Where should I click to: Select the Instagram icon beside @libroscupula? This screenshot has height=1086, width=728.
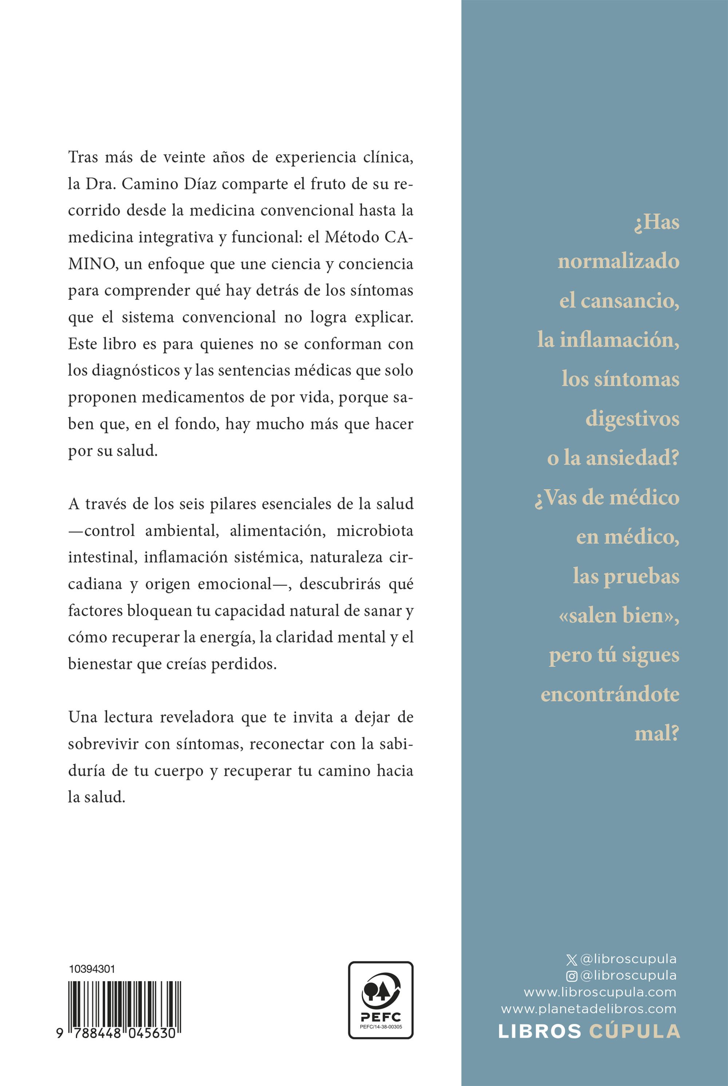point(572,976)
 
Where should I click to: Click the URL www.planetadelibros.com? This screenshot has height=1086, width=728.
point(588,1008)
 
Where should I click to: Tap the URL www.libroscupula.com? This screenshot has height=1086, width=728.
point(600,992)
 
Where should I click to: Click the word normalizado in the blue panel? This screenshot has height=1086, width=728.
point(618,262)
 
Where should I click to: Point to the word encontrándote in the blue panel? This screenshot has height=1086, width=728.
point(610,694)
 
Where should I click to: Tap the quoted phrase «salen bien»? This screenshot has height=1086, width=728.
point(620,616)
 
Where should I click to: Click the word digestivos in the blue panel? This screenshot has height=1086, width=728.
point(632,419)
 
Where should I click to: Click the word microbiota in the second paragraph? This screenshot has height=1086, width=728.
point(375,531)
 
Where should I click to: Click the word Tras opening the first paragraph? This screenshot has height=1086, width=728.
point(83,157)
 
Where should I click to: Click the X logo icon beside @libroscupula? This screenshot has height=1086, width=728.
point(572,959)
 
